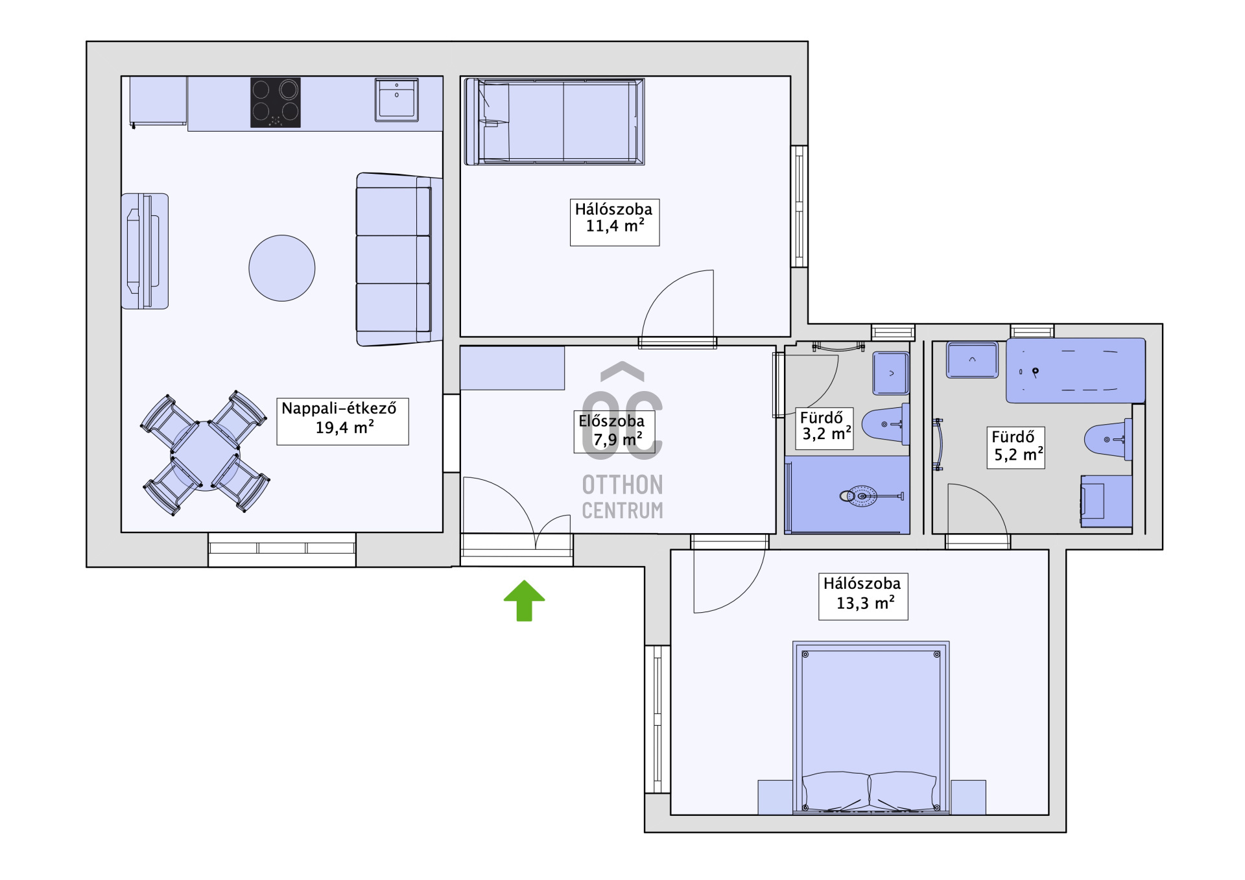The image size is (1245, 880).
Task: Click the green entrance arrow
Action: point(525,601)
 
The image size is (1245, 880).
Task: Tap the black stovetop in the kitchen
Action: point(276,102)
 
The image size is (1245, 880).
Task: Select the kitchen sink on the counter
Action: point(397,100)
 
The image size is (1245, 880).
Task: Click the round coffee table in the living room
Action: point(282,268)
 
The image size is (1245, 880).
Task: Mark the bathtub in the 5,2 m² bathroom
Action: point(1076,370)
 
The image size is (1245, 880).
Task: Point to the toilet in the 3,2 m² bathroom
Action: point(886,424)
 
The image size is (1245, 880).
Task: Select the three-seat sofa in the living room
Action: point(399,259)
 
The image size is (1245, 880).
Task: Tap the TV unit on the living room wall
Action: point(145,251)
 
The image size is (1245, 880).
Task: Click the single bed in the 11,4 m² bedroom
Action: point(554,122)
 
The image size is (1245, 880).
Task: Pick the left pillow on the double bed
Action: point(835,791)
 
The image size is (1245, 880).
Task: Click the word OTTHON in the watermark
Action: point(622,484)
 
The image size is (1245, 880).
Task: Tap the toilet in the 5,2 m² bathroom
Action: point(1108,440)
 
